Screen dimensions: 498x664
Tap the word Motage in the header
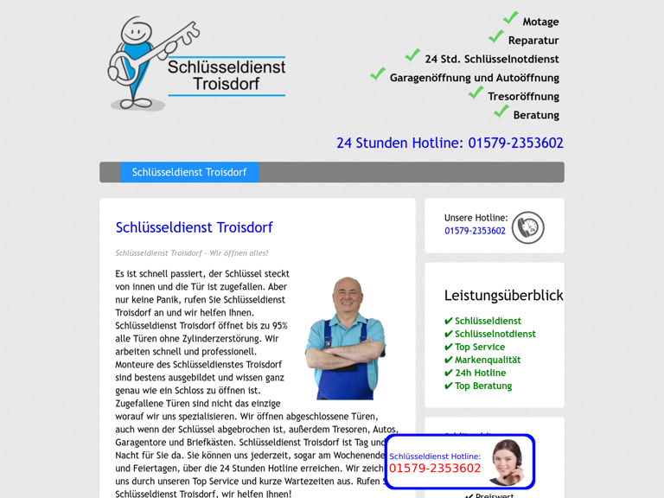pos(540,22)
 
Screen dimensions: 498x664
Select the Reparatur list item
pos(533,41)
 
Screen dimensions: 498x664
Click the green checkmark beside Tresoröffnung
pos(476,93)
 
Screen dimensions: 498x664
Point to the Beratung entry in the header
pos(535,115)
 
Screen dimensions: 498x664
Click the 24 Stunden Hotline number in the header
pos(450,143)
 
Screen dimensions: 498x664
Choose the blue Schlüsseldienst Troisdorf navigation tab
pos(189,172)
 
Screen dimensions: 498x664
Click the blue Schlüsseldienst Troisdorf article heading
pos(194,227)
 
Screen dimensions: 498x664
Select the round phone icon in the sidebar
pos(527,228)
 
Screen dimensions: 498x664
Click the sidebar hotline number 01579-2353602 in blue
pos(475,231)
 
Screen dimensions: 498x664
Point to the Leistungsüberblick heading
pos(503,296)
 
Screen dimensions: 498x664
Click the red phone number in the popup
pos(435,469)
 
